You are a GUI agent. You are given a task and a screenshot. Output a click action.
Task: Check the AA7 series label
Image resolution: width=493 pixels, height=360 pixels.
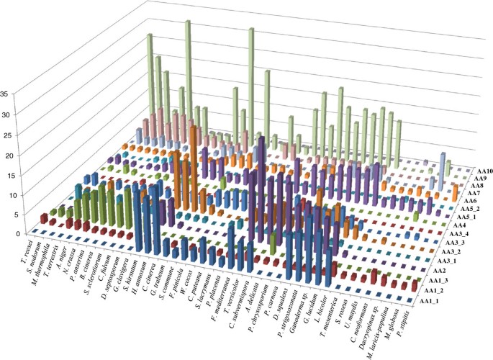[474, 194]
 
